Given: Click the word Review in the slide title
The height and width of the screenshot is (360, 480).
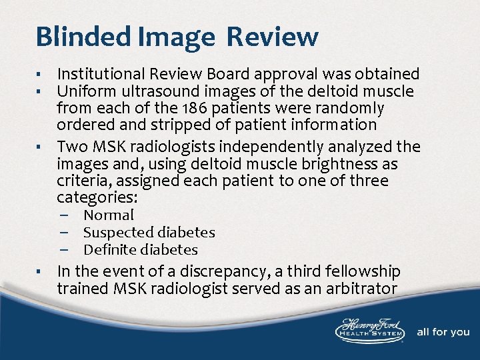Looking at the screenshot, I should (272, 37).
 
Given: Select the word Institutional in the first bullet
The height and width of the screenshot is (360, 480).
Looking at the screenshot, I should (99, 74).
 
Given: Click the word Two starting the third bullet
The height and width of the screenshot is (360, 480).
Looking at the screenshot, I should (71, 147).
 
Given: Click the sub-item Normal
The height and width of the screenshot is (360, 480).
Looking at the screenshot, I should (108, 215).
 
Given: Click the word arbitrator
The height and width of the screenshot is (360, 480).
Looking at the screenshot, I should (357, 289).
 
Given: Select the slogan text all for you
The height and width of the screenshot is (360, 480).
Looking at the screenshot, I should (443, 332).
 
